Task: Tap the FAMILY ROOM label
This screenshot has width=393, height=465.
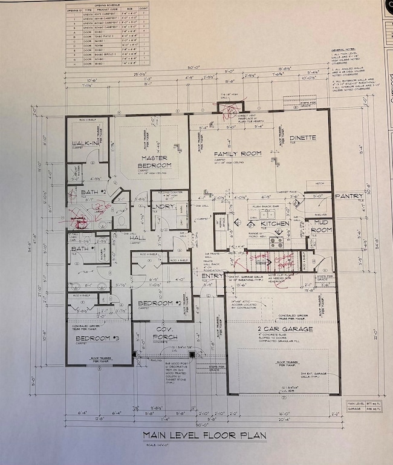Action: [238, 154]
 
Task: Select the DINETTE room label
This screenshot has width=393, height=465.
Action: [303, 138]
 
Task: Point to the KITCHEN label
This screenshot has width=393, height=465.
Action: [275, 224]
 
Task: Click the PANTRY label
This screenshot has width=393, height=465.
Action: [350, 196]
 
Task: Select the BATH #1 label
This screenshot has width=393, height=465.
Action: [83, 249]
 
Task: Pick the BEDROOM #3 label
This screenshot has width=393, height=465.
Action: [95, 338]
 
